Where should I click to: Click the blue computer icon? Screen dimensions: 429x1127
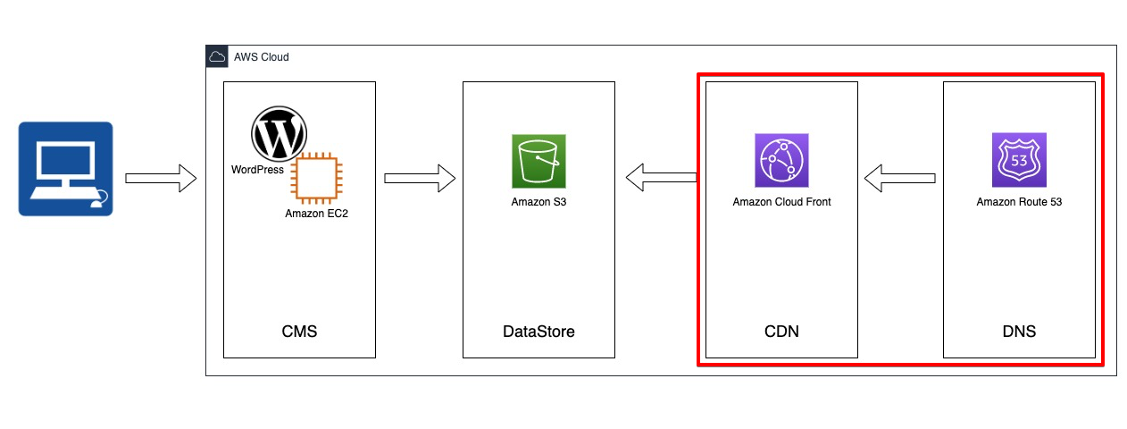click(65, 169)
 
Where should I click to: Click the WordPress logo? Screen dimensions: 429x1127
click(279, 134)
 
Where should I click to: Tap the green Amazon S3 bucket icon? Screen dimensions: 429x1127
click(538, 161)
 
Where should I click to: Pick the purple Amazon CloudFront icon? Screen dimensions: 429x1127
click(781, 161)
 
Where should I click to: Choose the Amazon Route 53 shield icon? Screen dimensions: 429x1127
click(1019, 160)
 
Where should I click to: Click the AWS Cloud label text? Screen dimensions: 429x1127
click(261, 57)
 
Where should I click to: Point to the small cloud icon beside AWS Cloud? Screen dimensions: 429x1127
click(217, 56)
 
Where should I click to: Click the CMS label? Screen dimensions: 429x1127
click(299, 332)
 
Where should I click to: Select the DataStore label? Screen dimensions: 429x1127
click(538, 332)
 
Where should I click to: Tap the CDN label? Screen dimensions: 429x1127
click(781, 332)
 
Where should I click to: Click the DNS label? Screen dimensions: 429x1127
click(1019, 332)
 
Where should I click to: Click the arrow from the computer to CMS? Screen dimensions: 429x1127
click(161, 178)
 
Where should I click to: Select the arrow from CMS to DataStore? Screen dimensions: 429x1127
click(420, 178)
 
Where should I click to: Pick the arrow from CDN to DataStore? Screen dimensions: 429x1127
click(661, 178)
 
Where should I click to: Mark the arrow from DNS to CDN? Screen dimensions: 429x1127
click(900, 178)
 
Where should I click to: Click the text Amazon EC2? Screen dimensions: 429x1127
click(316, 214)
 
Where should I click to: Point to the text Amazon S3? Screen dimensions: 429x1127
click(538, 202)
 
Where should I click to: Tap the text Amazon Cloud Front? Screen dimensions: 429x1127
click(781, 202)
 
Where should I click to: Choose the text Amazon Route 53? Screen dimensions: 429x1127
click(1019, 202)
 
